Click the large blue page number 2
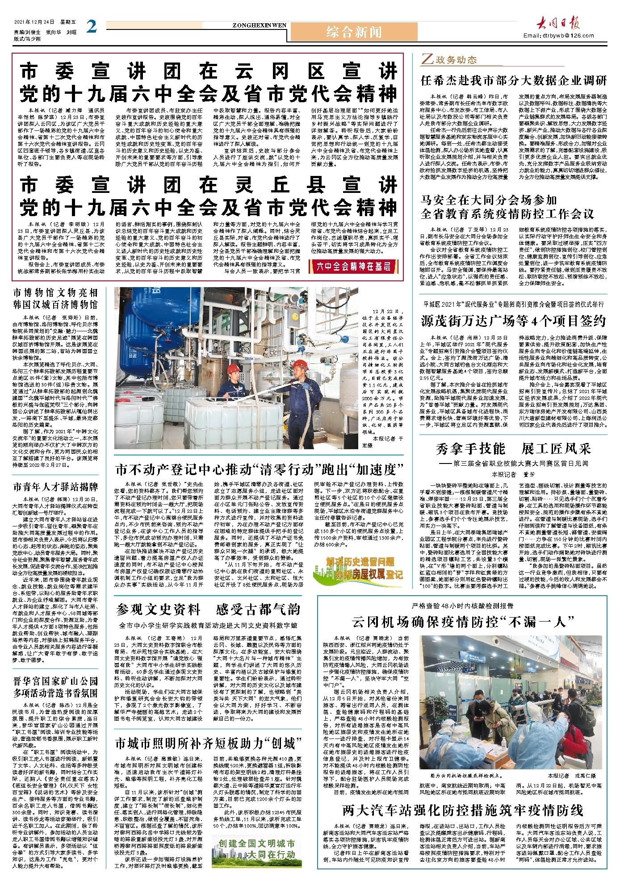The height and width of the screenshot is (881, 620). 92,27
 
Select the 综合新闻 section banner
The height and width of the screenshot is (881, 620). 354,32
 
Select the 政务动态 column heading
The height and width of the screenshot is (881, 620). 449,60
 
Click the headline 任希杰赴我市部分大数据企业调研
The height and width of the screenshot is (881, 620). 514,81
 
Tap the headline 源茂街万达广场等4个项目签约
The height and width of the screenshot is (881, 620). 513,321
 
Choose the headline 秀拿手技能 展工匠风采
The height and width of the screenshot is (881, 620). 513,448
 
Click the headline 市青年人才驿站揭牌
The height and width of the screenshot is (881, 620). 55,487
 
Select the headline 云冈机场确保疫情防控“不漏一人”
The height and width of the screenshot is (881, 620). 463,622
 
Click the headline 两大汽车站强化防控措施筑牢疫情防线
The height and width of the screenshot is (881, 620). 462,810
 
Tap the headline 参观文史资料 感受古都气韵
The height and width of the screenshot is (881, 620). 208,610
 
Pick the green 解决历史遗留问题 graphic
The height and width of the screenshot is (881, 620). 364,568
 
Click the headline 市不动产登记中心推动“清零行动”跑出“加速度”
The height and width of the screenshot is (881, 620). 259,470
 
